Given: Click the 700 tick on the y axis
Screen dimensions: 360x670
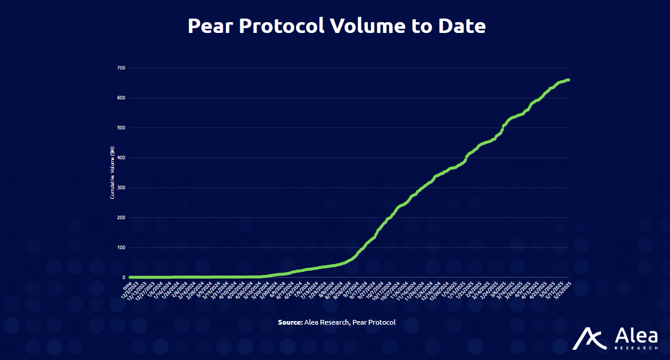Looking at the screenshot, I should click(x=121, y=68).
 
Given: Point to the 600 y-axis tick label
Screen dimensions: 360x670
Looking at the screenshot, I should click(x=121, y=98).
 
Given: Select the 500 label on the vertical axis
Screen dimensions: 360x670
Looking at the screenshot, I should click(x=121, y=128).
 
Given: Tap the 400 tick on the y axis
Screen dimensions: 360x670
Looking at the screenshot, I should click(x=121, y=158).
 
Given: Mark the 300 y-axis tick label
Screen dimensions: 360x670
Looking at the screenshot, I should click(x=121, y=187).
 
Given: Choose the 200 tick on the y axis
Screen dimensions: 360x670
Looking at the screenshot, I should click(x=121, y=217).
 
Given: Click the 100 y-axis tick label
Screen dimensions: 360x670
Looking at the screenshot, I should click(x=121, y=247).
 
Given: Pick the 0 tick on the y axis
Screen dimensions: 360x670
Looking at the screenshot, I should click(x=123, y=277).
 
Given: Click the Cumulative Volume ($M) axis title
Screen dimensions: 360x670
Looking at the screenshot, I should click(x=112, y=173).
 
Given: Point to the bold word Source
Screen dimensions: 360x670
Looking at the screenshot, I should click(x=290, y=322).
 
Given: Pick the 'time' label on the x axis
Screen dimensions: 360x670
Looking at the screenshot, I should click(x=127, y=286).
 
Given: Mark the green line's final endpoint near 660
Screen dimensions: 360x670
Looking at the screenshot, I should click(x=568, y=80).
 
